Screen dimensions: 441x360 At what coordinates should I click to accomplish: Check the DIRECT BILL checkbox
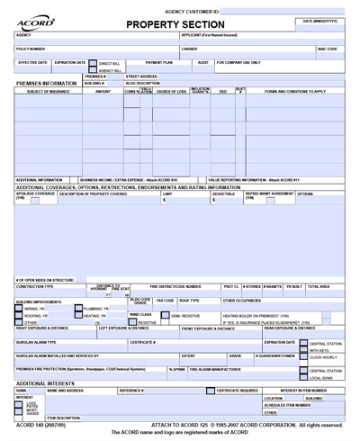point(92,64)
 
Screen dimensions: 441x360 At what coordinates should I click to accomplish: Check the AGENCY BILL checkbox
point(92,70)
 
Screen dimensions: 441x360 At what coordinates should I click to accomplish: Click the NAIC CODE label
point(327,49)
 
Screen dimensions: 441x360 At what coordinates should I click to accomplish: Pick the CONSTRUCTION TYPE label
point(35,286)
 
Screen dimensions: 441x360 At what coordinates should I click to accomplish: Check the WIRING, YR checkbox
point(20,308)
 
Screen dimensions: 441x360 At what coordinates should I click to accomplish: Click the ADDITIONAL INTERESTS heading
point(46,384)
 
